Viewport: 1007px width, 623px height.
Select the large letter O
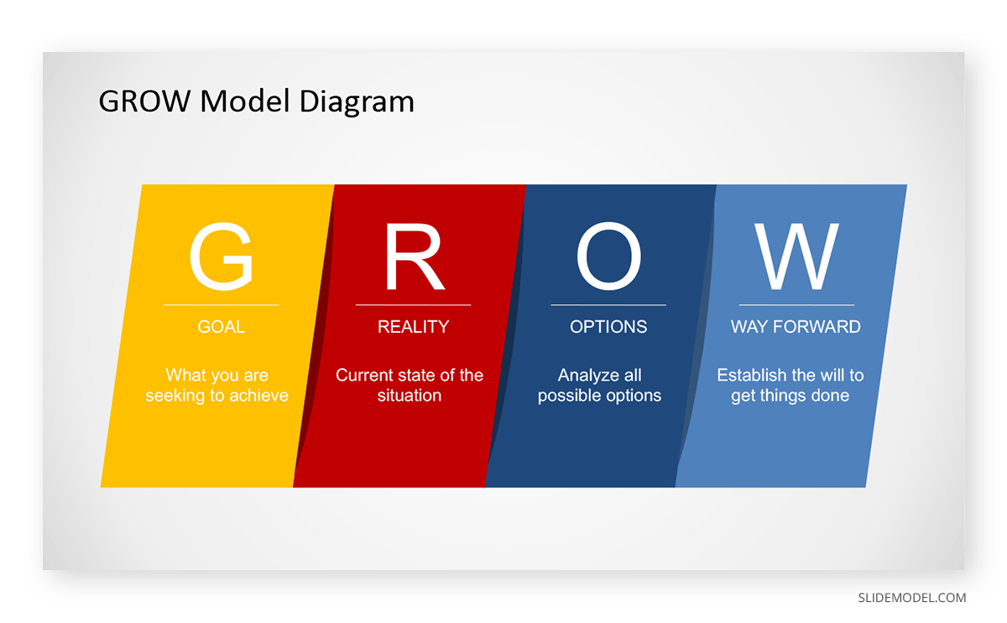[608, 257]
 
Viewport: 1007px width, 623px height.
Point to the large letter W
[796, 257]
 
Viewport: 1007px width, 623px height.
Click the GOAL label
[222, 326]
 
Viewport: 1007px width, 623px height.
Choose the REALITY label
[413, 326]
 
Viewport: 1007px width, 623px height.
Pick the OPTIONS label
[608, 326]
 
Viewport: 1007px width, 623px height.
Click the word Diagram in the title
[357, 102]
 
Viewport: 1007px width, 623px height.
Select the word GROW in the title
[144, 101]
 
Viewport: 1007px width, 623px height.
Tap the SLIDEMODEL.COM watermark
[911, 598]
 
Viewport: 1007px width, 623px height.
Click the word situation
[410, 395]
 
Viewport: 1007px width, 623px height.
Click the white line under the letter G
[222, 305]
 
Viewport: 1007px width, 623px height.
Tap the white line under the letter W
[796, 305]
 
